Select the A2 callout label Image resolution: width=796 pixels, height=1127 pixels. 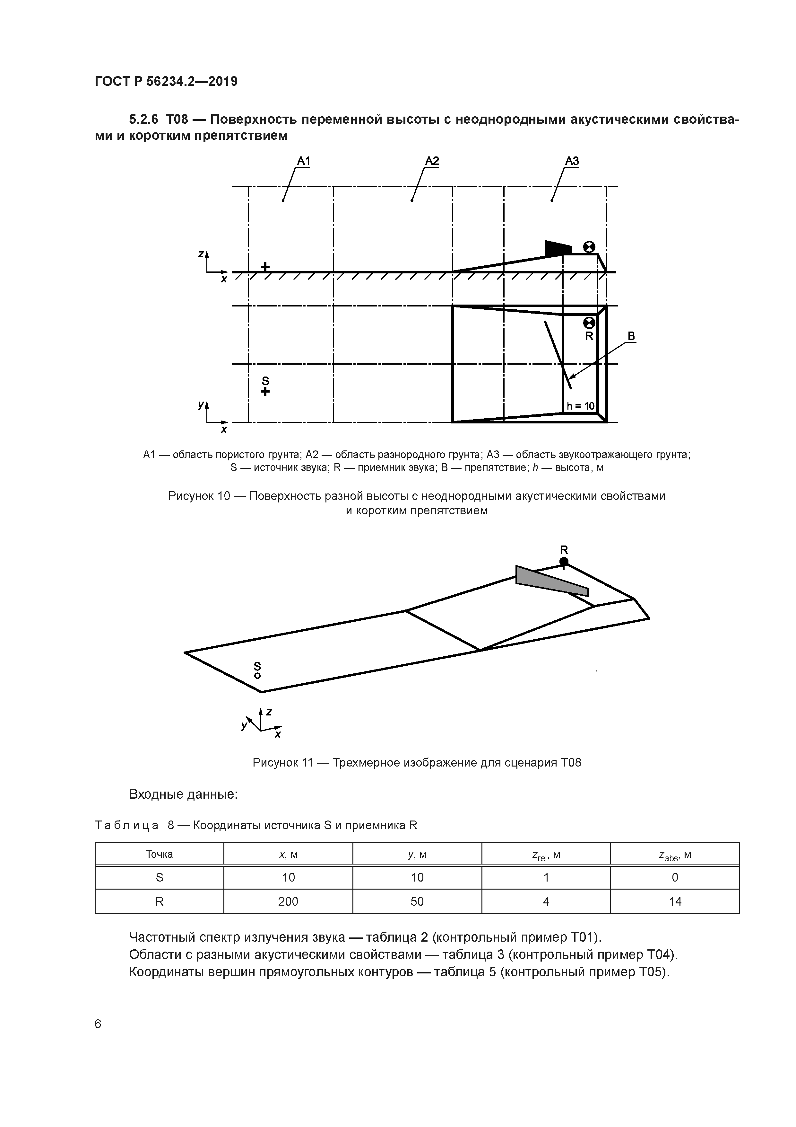click(432, 161)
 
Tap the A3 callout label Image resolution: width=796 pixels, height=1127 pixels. click(572, 161)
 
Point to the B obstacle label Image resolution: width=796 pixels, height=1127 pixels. click(631, 336)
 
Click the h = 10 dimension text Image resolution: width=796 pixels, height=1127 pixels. click(580, 406)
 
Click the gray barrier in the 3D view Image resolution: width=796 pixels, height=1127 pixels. click(549, 581)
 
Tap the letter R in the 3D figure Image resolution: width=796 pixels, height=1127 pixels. click(564, 549)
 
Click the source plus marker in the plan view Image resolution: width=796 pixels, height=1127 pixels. click(265, 391)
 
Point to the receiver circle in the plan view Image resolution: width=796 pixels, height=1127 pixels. click(589, 323)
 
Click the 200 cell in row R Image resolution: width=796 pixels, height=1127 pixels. click(288, 901)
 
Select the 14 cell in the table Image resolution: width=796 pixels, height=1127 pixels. click(675, 901)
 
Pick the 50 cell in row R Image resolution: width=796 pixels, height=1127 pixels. click(417, 901)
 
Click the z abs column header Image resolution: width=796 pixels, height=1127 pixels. click(675, 856)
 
